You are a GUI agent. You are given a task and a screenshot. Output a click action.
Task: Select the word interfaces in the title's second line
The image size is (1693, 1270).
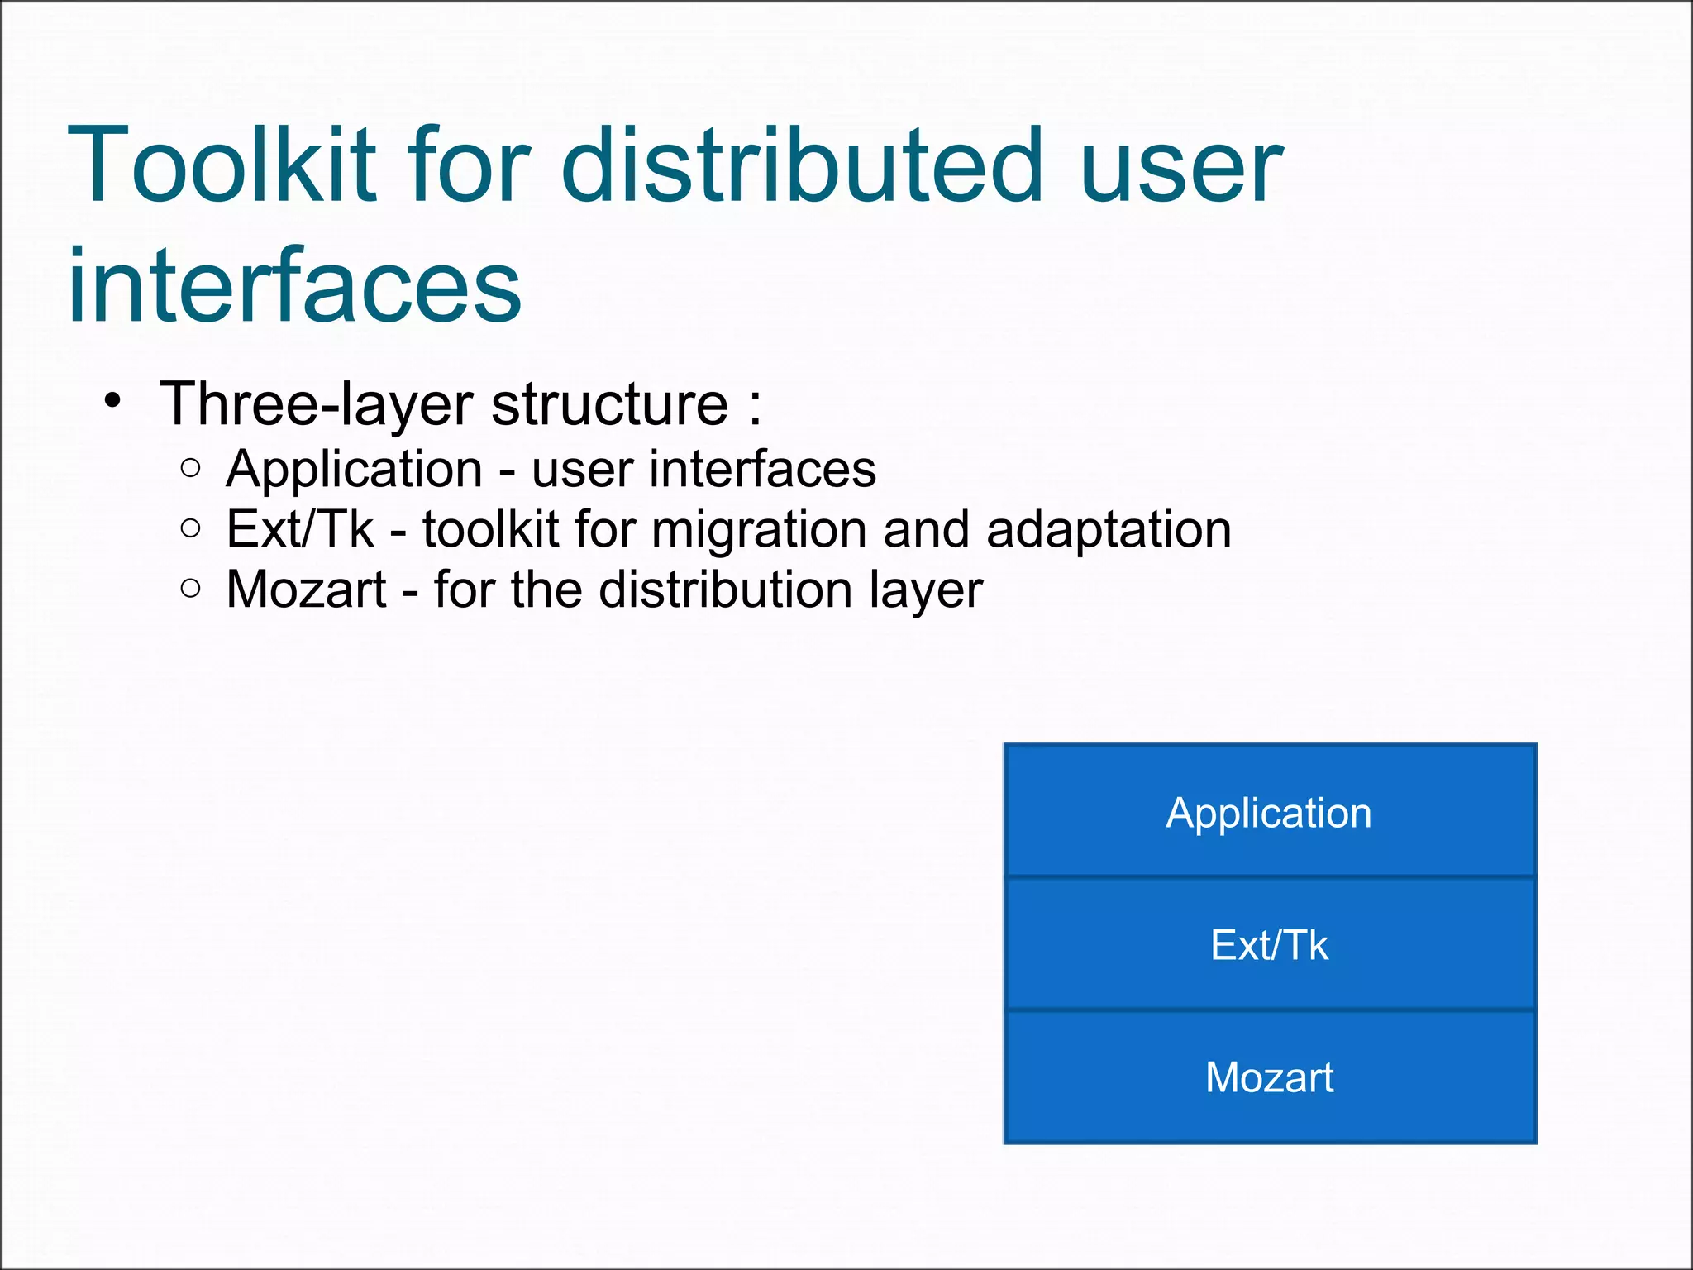click(x=294, y=285)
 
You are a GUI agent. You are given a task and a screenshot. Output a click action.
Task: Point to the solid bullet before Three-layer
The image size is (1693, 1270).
click(x=113, y=402)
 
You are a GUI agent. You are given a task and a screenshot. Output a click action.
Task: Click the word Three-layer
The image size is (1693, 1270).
click(x=317, y=404)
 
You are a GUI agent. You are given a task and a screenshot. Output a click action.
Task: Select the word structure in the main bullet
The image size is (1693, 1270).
click(x=609, y=404)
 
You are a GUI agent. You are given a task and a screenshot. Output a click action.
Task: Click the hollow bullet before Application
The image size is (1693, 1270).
click(x=190, y=468)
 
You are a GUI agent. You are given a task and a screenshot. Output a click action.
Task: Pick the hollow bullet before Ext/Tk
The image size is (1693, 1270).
click(x=190, y=528)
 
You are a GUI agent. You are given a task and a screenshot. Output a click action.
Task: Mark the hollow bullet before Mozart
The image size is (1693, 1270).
click(x=190, y=589)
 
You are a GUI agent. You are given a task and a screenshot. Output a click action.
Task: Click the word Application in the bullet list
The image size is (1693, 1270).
click(x=354, y=470)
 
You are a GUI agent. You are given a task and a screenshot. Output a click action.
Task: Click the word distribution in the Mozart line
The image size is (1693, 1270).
click(x=726, y=590)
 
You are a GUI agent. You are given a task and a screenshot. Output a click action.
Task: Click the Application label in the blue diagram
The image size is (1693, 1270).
click(x=1269, y=814)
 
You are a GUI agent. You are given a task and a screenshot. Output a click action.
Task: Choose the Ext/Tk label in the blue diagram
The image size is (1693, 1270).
click(x=1269, y=945)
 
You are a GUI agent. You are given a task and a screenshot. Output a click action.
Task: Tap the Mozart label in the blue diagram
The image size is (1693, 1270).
click(x=1269, y=1077)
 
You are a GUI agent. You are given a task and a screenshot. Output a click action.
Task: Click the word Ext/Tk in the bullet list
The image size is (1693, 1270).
click(x=300, y=529)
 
